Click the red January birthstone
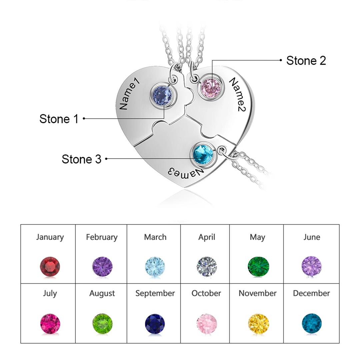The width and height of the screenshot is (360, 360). (x=50, y=267)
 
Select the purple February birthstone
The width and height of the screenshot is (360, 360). (x=102, y=267)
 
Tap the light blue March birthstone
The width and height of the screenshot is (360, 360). (x=155, y=267)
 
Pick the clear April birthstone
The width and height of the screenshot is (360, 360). (x=207, y=267)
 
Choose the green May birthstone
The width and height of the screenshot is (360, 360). (x=258, y=267)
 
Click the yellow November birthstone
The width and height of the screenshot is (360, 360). (x=258, y=324)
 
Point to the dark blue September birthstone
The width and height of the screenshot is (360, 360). (x=155, y=324)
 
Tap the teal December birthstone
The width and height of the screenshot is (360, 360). (x=312, y=324)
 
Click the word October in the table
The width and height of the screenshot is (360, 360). (x=206, y=293)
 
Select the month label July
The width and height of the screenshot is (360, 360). (x=50, y=293)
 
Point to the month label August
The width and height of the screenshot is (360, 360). (x=102, y=293)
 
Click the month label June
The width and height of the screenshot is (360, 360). (x=312, y=237)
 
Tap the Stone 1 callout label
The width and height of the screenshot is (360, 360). (x=59, y=119)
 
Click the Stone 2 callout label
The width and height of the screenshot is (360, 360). (x=306, y=61)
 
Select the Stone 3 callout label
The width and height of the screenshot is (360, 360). (x=81, y=159)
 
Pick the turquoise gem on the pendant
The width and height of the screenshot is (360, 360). (x=202, y=154)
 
